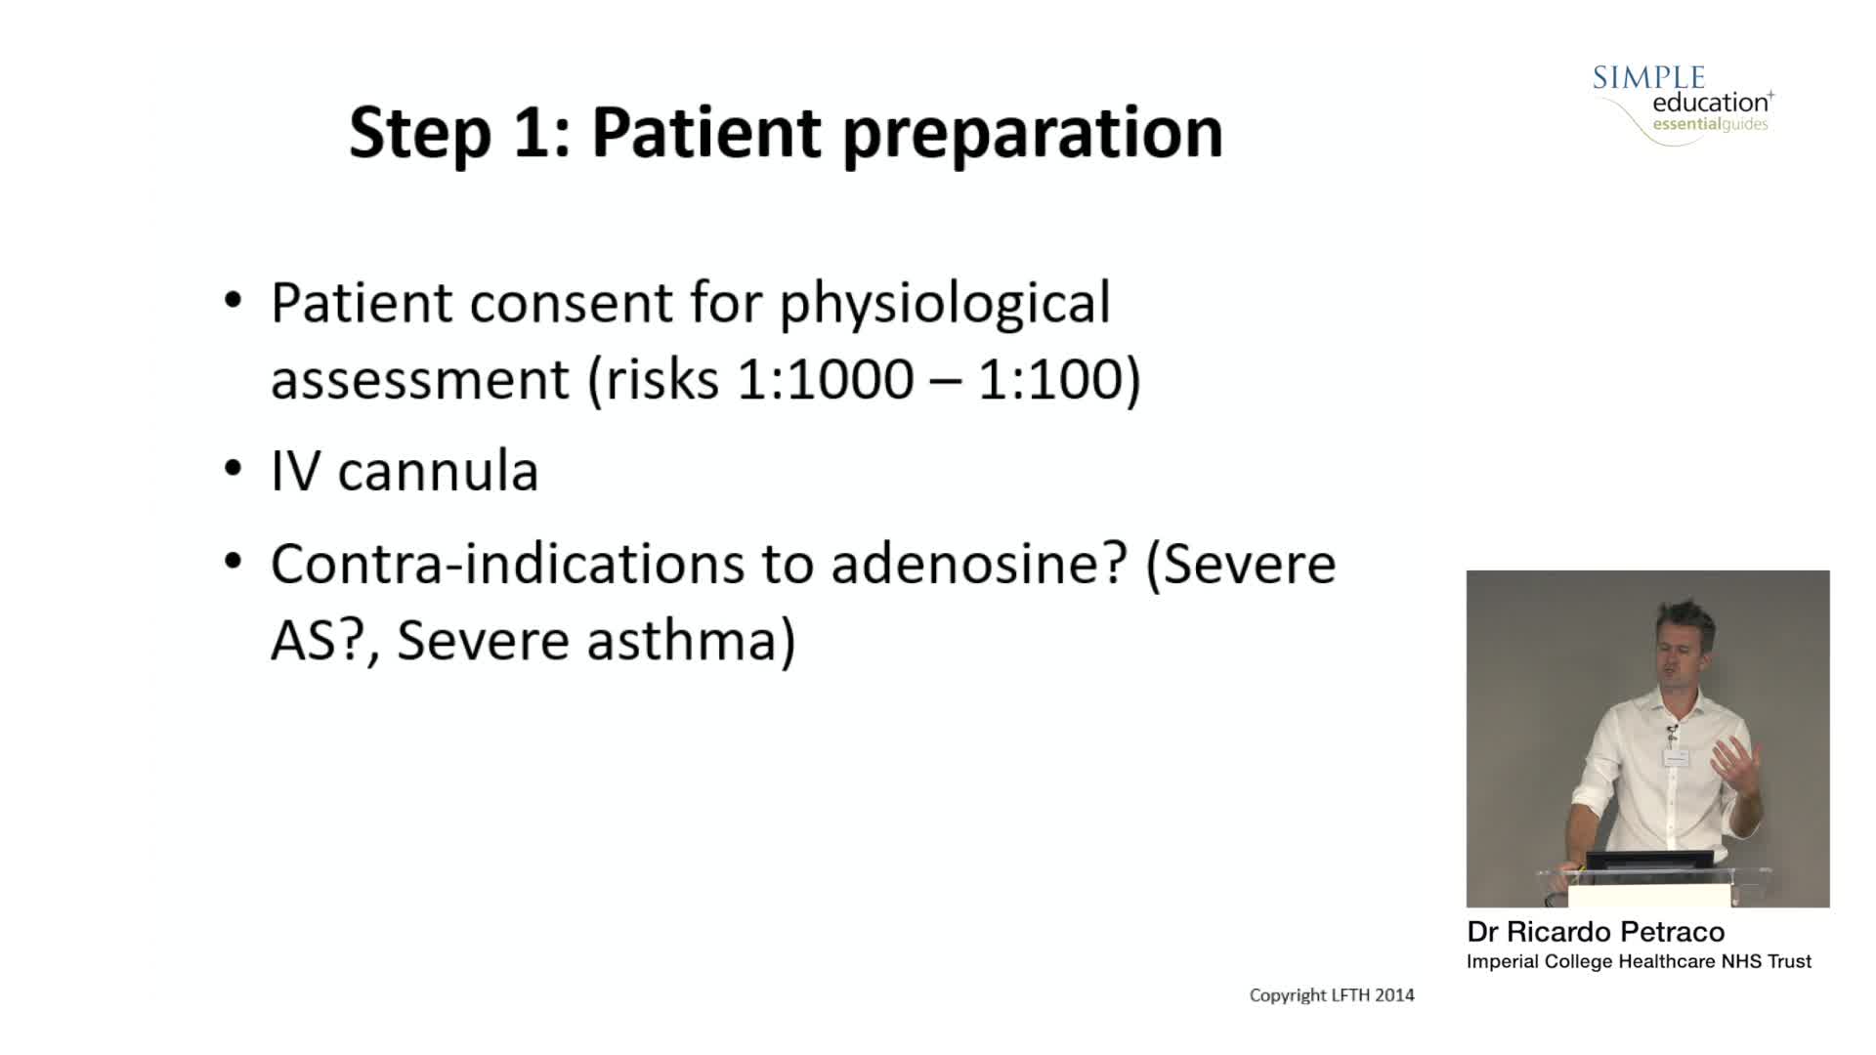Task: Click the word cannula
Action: [x=438, y=471]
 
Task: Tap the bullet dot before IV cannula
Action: [x=233, y=470]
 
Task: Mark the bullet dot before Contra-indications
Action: [x=233, y=562]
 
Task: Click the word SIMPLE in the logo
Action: [x=1648, y=78]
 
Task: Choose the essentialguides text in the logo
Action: [x=1710, y=124]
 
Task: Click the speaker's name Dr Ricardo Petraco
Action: [x=1596, y=931]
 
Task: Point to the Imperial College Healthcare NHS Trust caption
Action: [x=1639, y=961]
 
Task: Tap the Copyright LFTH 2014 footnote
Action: [x=1332, y=995]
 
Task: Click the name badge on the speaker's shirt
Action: [x=1677, y=758]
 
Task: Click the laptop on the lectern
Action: [x=1648, y=860]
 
